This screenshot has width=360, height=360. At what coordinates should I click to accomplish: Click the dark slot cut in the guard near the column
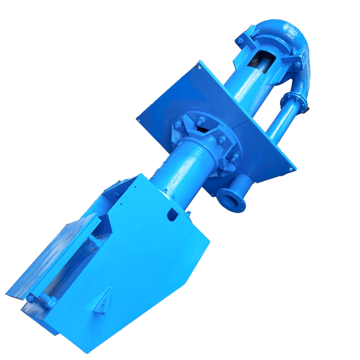[172, 215]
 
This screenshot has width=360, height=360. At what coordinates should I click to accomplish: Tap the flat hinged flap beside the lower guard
[54, 256]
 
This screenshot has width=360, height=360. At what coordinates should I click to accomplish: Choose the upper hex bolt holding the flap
[95, 241]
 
